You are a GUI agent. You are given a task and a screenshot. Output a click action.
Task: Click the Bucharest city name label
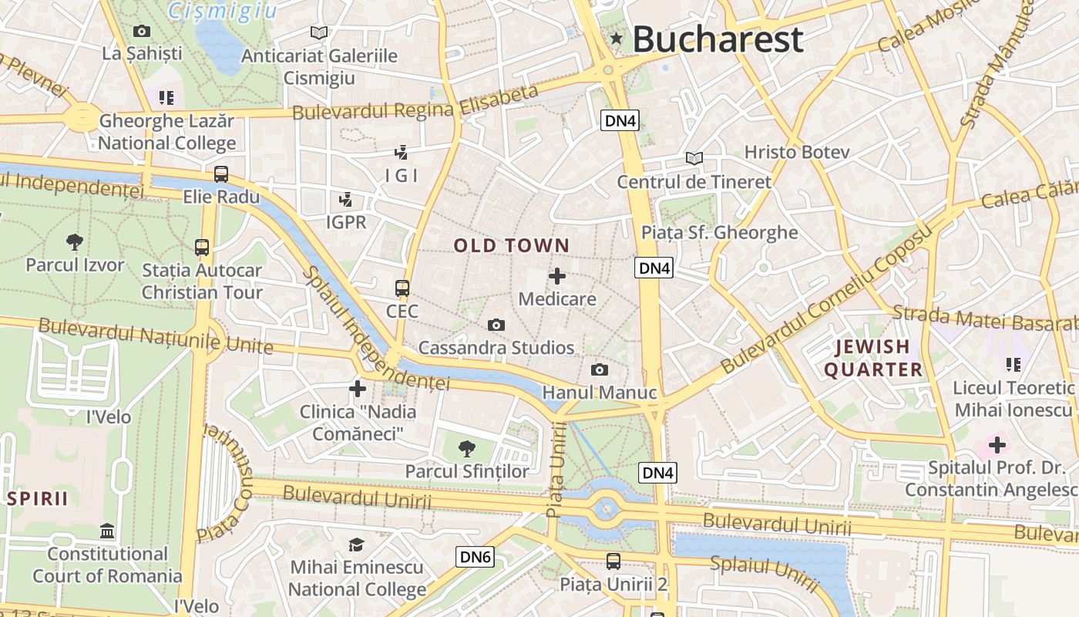click(x=718, y=39)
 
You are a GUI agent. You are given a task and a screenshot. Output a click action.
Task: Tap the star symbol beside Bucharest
click(x=616, y=39)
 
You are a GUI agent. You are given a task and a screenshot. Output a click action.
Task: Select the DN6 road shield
click(x=475, y=557)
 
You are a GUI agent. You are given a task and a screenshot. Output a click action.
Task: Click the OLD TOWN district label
click(x=512, y=246)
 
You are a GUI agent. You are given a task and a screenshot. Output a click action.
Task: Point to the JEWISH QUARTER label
click(x=873, y=359)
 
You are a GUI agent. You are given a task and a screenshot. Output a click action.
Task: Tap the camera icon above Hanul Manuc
click(x=599, y=370)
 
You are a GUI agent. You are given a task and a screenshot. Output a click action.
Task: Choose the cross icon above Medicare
click(x=556, y=276)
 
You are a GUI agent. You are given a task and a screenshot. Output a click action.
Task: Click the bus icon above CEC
click(x=402, y=288)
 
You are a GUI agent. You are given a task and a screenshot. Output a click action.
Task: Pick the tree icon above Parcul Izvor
click(x=75, y=242)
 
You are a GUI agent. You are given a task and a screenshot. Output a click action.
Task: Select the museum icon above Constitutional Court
click(x=107, y=531)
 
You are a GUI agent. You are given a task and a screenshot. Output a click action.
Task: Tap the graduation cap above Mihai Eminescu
click(x=356, y=545)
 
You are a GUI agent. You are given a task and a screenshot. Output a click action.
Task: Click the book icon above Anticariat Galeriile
click(x=319, y=32)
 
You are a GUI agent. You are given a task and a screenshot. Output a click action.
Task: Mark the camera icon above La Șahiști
click(x=142, y=31)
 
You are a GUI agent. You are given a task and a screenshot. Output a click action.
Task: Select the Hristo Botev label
click(x=797, y=152)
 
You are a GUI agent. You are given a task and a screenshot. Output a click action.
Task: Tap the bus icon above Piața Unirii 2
click(x=613, y=561)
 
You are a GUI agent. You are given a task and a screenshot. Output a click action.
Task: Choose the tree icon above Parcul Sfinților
click(x=466, y=448)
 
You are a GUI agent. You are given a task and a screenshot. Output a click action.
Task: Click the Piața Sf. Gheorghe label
click(x=720, y=232)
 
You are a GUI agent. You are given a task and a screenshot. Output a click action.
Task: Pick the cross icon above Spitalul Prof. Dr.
click(x=997, y=445)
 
